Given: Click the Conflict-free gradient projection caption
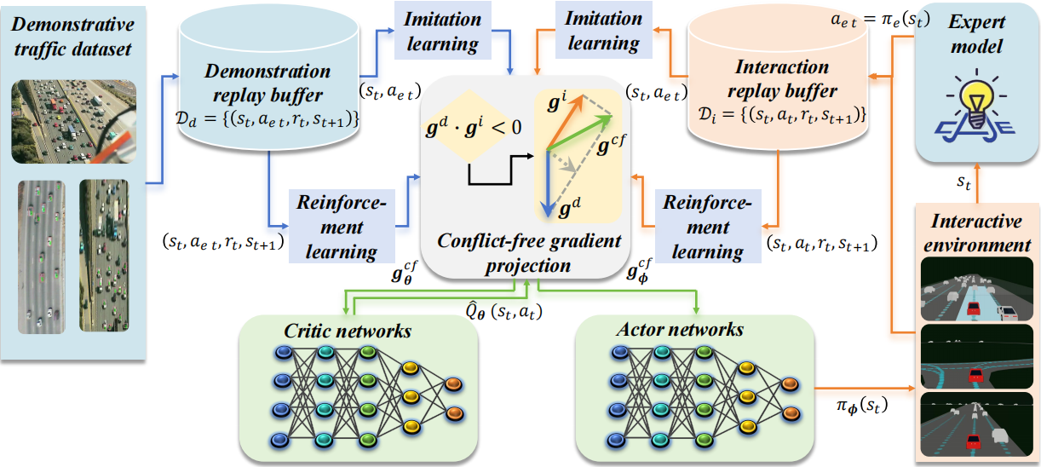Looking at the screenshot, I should click(529, 253).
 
